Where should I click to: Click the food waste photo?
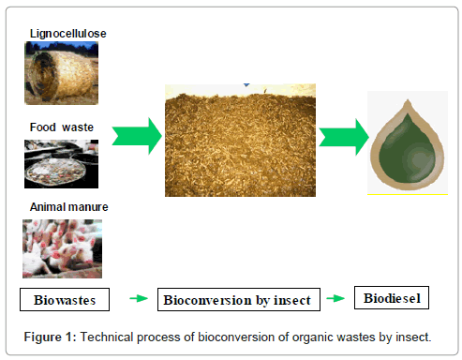coord(61,164)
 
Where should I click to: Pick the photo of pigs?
coord(62,248)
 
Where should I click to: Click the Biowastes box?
coord(65,300)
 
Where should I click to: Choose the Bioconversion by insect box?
coord(241,300)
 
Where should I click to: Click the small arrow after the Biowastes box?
coord(138,300)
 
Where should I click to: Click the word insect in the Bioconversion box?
coord(299,300)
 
